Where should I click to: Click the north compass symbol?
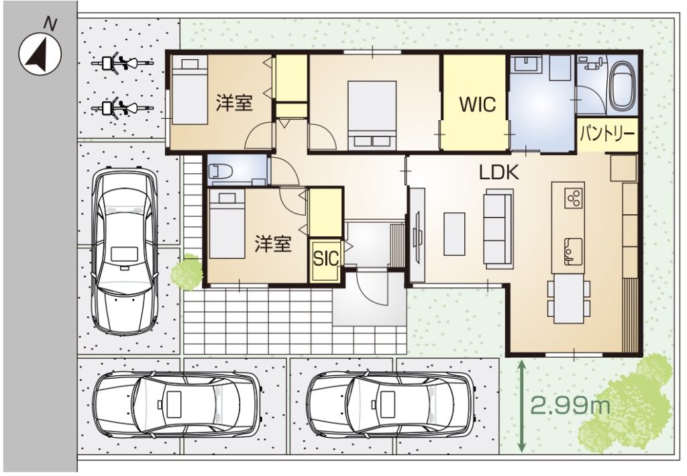tap(40, 54)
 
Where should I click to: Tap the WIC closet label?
tap(477, 105)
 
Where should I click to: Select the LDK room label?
tap(499, 173)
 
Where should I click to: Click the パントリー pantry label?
tap(607, 134)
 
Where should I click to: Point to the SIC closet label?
tap(326, 258)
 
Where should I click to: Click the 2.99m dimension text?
tap(570, 406)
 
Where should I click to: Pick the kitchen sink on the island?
tap(573, 251)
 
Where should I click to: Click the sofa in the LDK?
tap(498, 229)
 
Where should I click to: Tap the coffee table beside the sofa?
tap(454, 234)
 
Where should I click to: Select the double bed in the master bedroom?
tap(372, 115)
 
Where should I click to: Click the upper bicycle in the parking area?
tap(122, 63)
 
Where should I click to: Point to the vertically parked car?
tap(124, 250)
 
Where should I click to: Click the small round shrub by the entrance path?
tap(187, 272)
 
